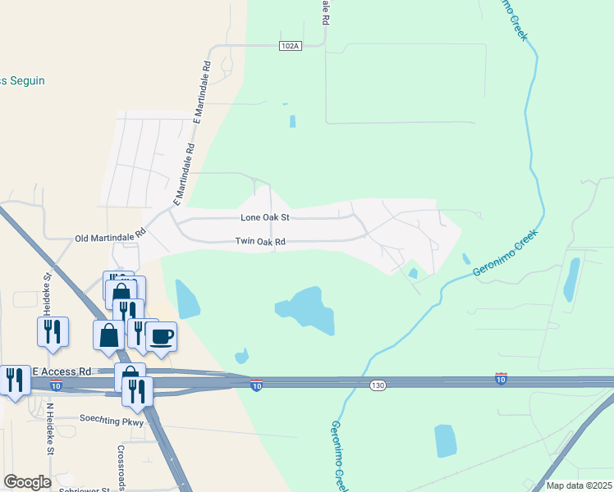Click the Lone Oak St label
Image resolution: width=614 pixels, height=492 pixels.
pos(265,218)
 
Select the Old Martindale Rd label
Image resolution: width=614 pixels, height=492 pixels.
pos(109,237)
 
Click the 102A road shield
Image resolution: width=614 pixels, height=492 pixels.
pos(289,46)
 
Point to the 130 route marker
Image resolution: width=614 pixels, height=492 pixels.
pos(377,385)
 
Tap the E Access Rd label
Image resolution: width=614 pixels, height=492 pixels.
pos(62,371)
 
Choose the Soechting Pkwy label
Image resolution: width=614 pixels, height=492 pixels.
pos(112,420)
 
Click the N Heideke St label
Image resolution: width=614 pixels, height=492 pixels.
pos(49,429)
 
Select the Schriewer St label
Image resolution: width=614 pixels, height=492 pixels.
pos(85,490)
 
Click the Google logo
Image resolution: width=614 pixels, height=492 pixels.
pos(27,482)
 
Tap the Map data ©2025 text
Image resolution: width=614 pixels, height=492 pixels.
pos(579,485)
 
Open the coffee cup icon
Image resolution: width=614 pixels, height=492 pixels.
pos(161,335)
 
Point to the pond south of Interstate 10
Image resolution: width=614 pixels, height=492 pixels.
pos(445,440)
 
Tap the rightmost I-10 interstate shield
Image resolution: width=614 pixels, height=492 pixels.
pos(501,378)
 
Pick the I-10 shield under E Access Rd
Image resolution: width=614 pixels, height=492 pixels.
pos(55,385)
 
